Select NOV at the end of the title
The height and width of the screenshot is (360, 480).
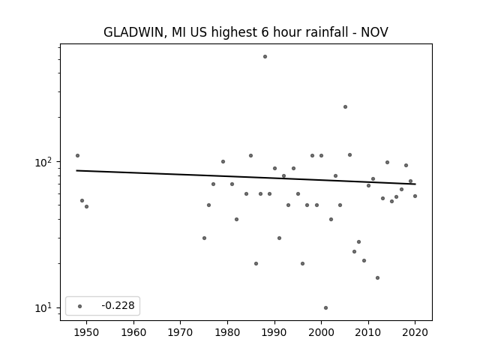click(375, 32)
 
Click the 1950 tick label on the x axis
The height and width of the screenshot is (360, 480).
click(86, 332)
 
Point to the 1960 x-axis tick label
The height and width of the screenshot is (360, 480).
click(133, 332)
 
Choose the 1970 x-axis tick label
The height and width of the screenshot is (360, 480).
click(180, 332)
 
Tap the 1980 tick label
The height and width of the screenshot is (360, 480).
click(227, 332)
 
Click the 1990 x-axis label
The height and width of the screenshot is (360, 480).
click(274, 332)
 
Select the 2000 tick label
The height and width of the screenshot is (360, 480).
click(321, 332)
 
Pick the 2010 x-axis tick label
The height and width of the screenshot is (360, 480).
click(368, 332)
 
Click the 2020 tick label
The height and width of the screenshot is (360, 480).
click(415, 332)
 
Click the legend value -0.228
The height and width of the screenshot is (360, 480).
click(118, 305)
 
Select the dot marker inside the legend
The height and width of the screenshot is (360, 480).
click(80, 306)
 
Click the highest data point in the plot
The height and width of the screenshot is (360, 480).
click(265, 57)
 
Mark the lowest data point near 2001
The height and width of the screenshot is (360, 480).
click(325, 307)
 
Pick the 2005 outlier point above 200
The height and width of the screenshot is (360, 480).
click(345, 106)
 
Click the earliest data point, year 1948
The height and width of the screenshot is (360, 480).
click(77, 155)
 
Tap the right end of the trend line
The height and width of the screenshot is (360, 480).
click(415, 184)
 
